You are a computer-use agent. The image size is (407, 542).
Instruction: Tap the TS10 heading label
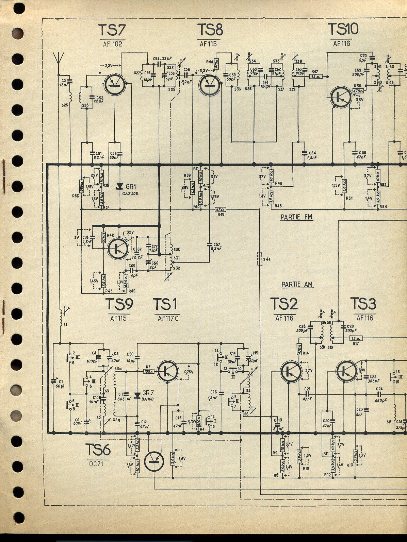pos(343,29)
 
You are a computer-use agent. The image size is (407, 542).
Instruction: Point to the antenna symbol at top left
pos(60,60)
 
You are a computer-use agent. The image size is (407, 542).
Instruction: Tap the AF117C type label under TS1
pos(168,318)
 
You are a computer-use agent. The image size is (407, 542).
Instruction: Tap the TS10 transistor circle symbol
pos(341,97)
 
